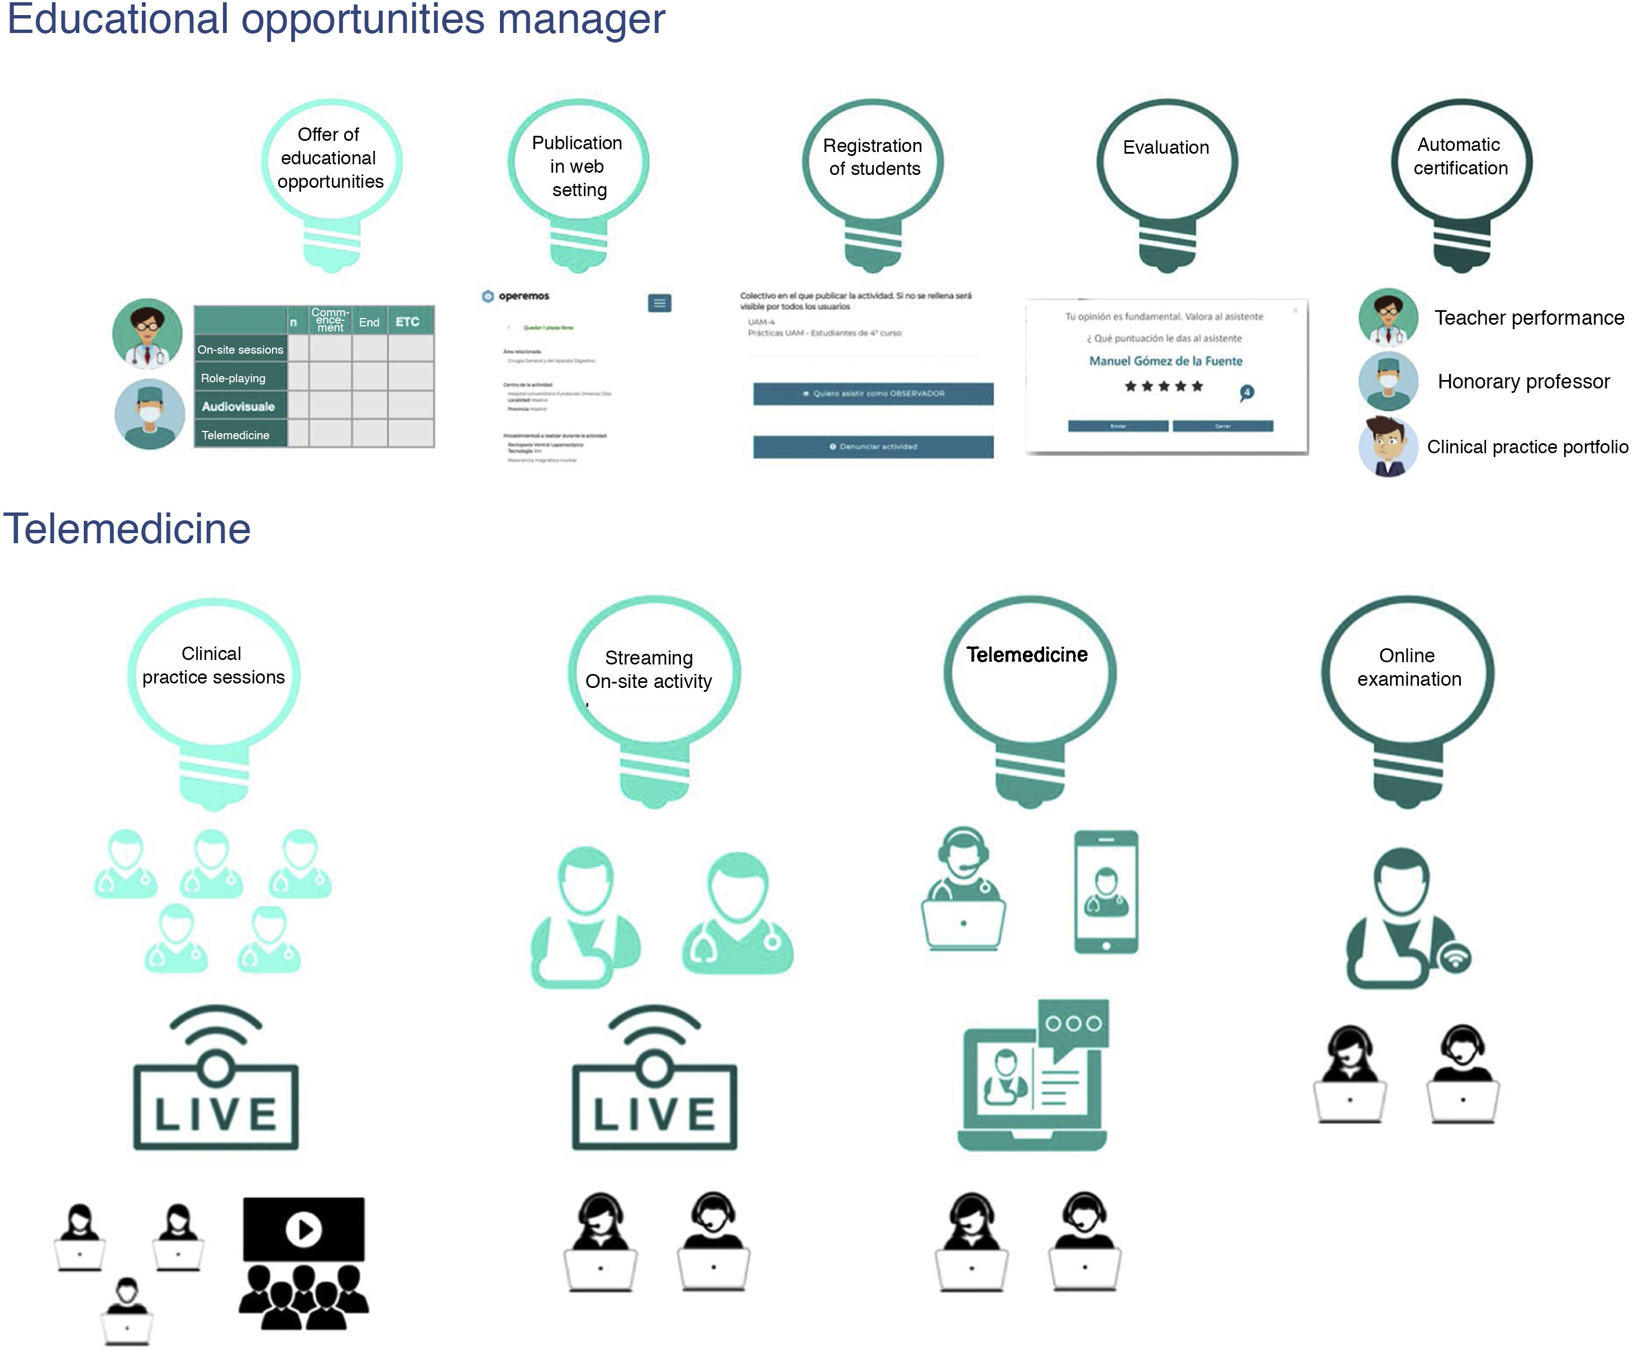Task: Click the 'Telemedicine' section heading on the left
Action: pos(127,529)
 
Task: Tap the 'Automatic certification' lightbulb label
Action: pos(1460,156)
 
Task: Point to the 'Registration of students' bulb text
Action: pos(873,157)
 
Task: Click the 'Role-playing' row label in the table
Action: pos(234,378)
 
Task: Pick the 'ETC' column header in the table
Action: pos(407,321)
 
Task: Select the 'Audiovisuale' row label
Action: pos(238,406)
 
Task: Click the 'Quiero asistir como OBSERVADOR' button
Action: pos(873,394)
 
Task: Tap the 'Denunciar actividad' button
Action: pos(873,447)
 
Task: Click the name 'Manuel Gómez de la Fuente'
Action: pos(1165,361)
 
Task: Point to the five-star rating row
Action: pos(1164,386)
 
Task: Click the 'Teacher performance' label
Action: pos(1529,319)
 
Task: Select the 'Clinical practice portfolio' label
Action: pos(1527,447)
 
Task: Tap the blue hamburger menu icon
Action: pos(660,303)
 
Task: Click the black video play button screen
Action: pos(303,1229)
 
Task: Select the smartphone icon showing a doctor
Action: pos(1106,892)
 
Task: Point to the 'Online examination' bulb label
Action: pos(1408,667)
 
